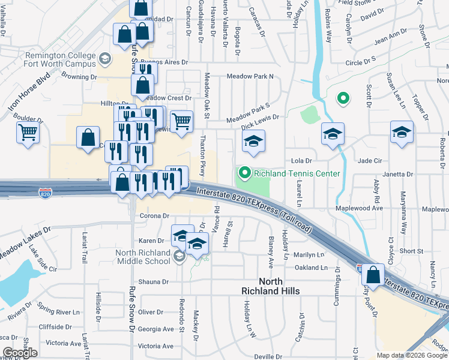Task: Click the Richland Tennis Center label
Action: pyautogui.click(x=297, y=174)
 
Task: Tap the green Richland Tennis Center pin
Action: pyautogui.click(x=244, y=174)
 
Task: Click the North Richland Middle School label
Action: pyautogui.click(x=143, y=257)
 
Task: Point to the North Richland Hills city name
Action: pyautogui.click(x=279, y=286)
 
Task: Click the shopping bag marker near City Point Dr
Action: pyautogui.click(x=373, y=275)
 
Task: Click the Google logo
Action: pyautogui.click(x=20, y=353)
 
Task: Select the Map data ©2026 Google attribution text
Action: pyautogui.click(x=411, y=355)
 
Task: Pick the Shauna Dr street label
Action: pyautogui.click(x=154, y=281)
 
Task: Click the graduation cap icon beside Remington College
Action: pyautogui.click(x=104, y=58)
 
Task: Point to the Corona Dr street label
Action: pyautogui.click(x=155, y=215)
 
